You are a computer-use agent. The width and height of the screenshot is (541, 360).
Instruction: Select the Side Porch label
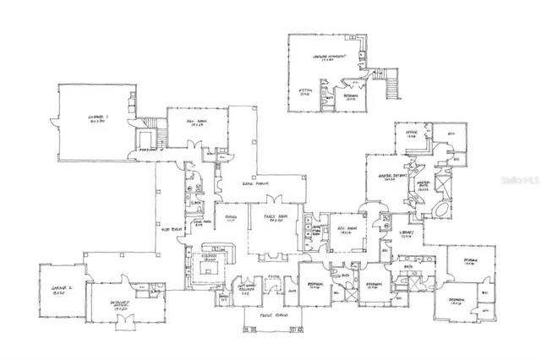pyautogui.click(x=172, y=228)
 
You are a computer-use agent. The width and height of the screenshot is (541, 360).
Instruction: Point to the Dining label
pyautogui.click(x=229, y=218)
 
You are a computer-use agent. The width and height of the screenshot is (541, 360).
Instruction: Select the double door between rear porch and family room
pyautogui.click(x=274, y=200)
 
